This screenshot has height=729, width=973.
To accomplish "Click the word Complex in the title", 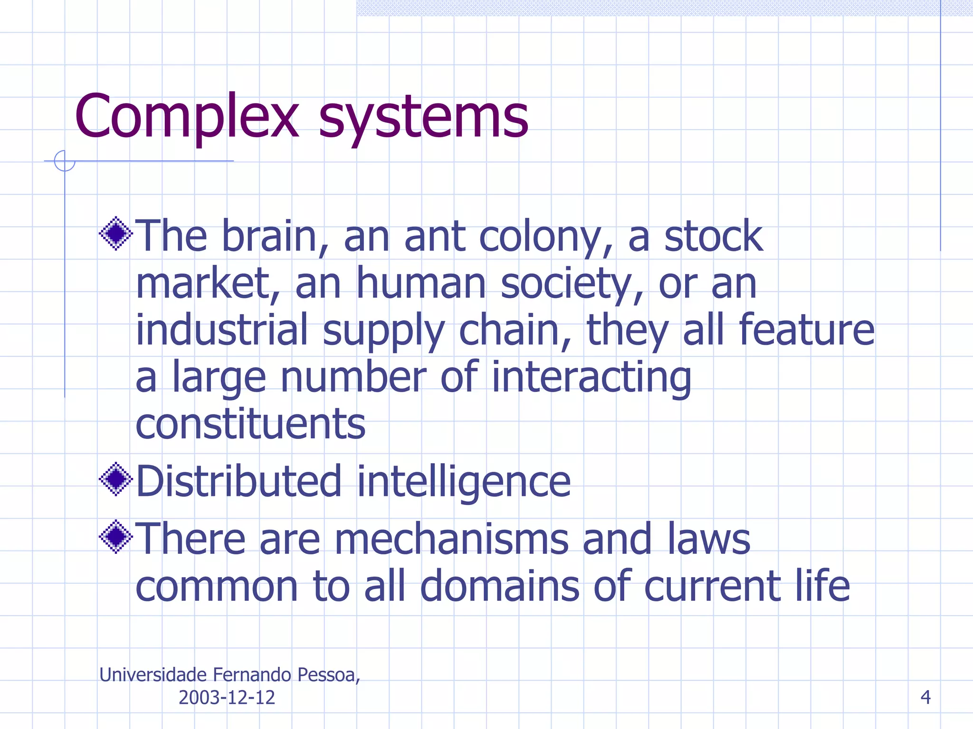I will (x=187, y=116).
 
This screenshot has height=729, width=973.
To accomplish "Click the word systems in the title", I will (x=423, y=116).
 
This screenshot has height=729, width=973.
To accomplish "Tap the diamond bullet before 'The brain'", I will (x=116, y=234).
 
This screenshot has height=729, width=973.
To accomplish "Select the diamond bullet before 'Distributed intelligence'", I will (x=116, y=479).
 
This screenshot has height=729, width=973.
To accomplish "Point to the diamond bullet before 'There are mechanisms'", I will (x=116, y=536).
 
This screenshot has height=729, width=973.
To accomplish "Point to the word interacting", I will (x=591, y=378).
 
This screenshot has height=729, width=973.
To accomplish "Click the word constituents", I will (x=250, y=423).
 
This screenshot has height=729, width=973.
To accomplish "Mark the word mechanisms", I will (x=451, y=539).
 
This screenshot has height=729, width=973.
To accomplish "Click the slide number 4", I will (x=925, y=697).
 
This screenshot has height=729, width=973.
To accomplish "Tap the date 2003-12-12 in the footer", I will (x=227, y=697).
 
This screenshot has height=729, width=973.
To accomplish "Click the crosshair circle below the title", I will (x=65, y=161).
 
